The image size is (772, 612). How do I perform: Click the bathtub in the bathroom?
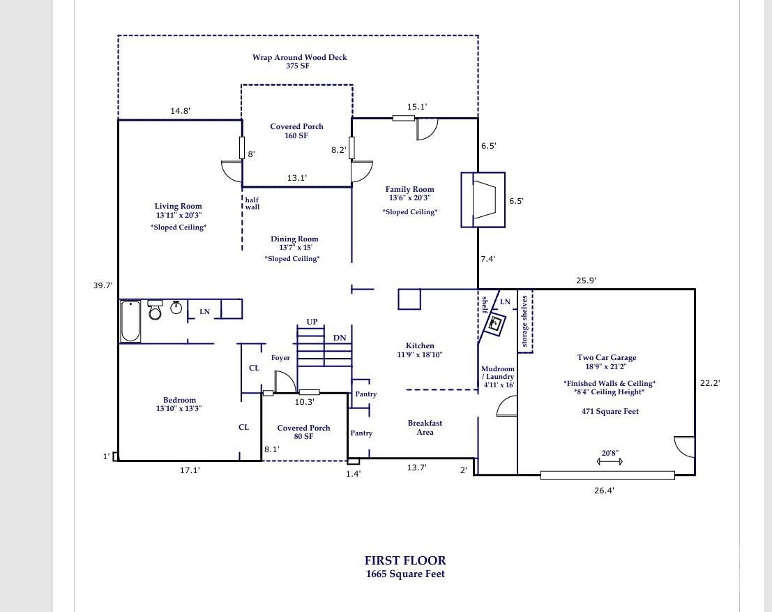130,321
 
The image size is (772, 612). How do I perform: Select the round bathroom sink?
176,307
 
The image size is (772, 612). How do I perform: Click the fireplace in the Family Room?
483,200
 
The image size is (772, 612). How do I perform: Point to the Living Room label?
178,207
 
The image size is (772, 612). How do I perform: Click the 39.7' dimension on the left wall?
103,285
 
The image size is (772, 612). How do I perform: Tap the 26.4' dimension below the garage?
604,491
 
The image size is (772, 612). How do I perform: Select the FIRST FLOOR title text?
405,560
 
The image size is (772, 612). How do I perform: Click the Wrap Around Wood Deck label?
299,57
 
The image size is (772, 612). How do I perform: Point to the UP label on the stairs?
312,322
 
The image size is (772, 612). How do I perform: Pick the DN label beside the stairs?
340,338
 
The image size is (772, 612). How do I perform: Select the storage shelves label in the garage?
525,322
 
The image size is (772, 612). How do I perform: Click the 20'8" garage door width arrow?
610,461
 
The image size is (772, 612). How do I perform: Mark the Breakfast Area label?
425,428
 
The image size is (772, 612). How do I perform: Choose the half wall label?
252,203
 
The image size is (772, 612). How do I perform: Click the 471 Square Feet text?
610,411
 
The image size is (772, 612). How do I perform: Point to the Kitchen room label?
420,345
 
